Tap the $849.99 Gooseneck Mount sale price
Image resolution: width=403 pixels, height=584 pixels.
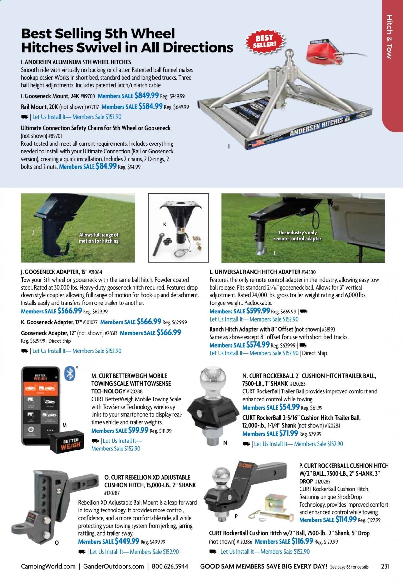(x=146, y=95)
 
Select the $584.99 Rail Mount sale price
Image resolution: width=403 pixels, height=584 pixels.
(x=150, y=106)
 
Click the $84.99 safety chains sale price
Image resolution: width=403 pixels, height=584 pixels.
(x=106, y=166)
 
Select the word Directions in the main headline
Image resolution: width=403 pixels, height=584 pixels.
(x=198, y=47)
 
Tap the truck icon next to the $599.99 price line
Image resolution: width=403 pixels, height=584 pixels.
(x=304, y=311)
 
